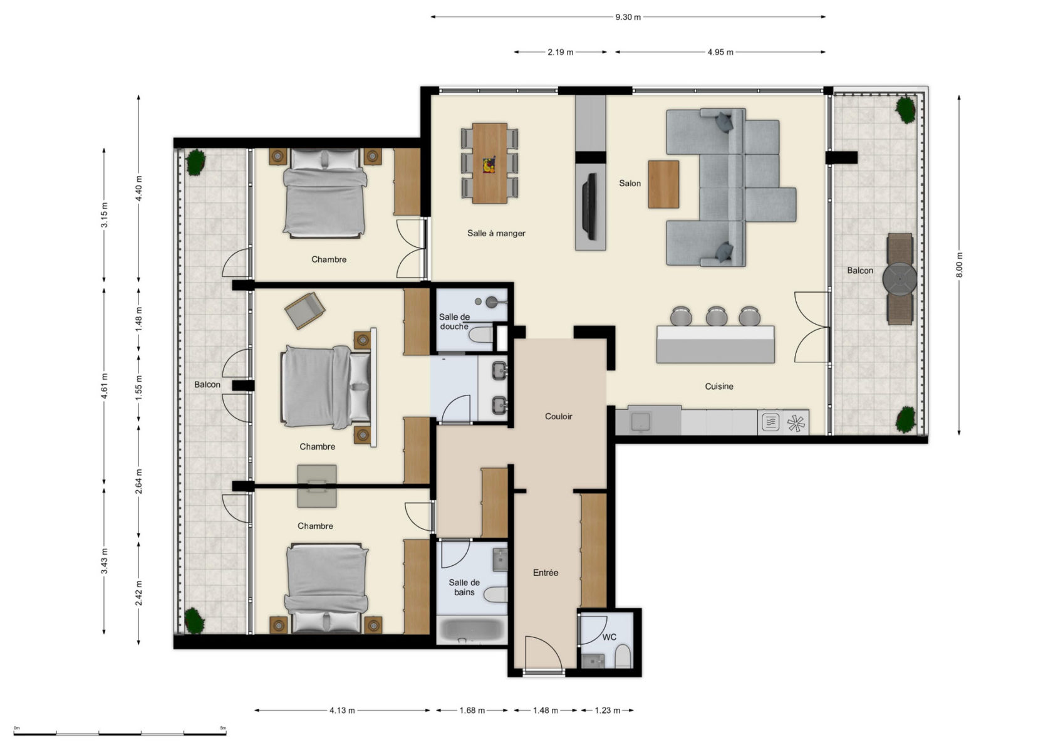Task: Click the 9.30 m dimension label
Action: pos(628,17)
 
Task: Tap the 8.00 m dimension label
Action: pos(959,265)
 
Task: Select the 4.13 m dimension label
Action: pos(341,710)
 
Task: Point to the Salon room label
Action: pos(630,183)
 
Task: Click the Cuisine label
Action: pos(719,387)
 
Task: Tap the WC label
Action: pos(609,637)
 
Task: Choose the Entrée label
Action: pos(545,573)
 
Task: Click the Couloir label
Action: pos(559,416)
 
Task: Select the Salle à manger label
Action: pos(496,233)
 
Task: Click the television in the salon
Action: pos(590,207)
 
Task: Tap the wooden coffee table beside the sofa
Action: pos(663,184)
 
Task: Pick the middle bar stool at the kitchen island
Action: pos(717,316)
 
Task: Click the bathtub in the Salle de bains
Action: pos(472,630)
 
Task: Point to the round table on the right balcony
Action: pos(900,279)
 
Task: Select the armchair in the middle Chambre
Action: pos(304,310)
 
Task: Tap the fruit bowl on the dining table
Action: pos(489,165)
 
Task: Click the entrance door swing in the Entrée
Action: pos(544,653)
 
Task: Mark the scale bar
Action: pos(120,734)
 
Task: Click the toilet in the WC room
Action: pos(623,655)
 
